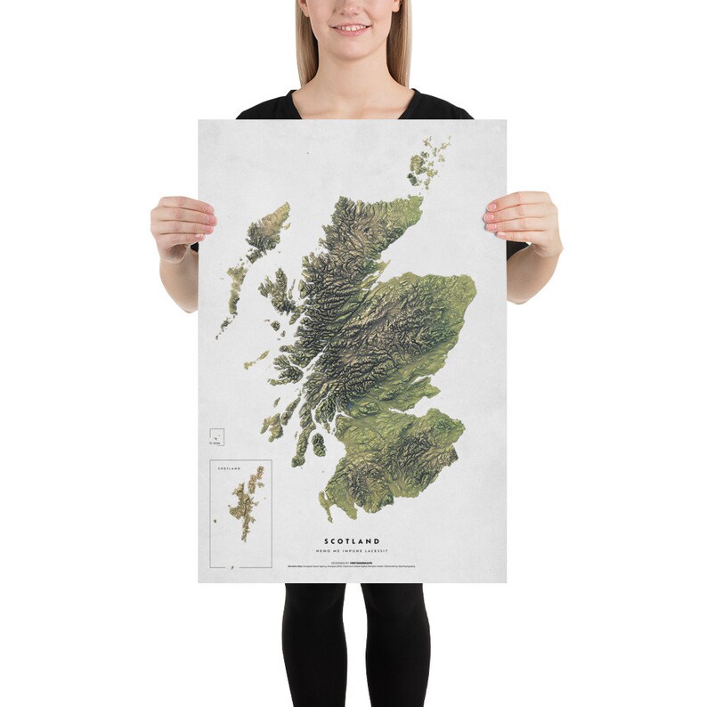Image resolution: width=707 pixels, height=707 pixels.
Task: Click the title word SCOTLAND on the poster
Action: coord(352,540)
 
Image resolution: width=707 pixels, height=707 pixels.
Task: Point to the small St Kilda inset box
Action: coord(215,435)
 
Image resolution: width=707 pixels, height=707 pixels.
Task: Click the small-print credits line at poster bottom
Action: coord(352,567)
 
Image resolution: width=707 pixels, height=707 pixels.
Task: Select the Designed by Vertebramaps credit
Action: coord(352,561)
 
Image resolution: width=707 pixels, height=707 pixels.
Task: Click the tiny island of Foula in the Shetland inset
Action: coord(216,522)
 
